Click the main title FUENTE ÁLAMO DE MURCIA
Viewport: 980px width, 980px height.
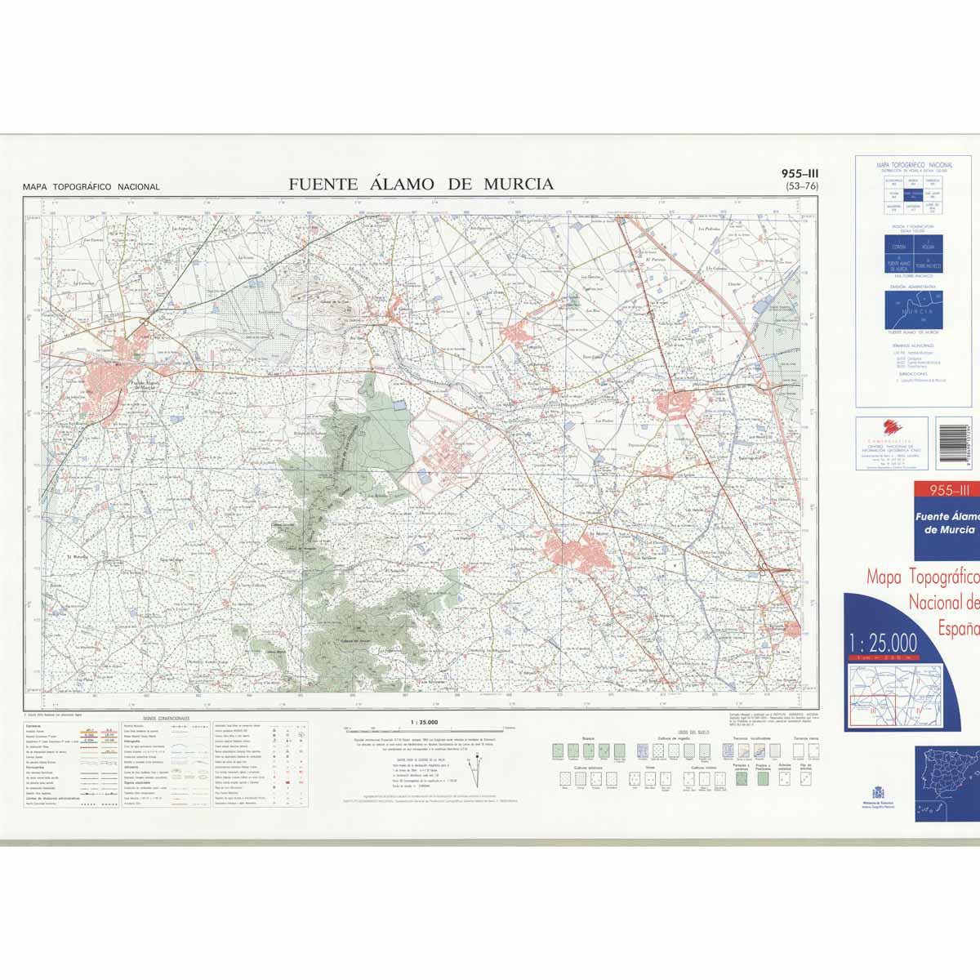point(421,185)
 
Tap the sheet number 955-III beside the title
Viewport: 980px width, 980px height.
point(800,173)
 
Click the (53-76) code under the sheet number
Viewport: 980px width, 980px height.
point(800,186)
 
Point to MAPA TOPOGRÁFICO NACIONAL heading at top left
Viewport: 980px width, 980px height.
point(91,187)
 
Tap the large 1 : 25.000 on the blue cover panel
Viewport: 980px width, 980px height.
point(882,642)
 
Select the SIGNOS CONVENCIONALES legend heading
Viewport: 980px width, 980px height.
point(166,719)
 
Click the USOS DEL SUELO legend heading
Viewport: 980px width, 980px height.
point(693,733)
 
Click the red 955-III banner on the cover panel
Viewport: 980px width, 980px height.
point(943,490)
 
